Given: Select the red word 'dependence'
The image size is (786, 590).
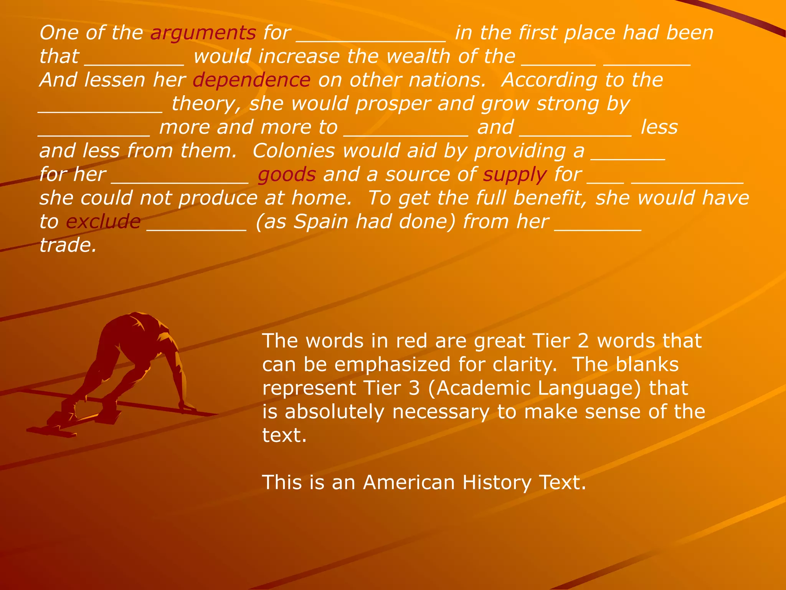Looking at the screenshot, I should point(251,80).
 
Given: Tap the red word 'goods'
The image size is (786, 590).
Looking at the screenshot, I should point(287,175).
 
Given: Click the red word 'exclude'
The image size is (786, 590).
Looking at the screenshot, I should point(103,222).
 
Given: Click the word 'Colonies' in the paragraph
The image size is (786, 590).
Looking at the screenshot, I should point(294,151).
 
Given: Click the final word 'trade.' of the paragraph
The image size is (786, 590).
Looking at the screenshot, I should point(68,245).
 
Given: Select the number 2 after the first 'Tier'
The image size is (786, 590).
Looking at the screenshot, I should point(583,341).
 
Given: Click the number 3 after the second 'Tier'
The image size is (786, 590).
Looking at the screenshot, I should point(414,388).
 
